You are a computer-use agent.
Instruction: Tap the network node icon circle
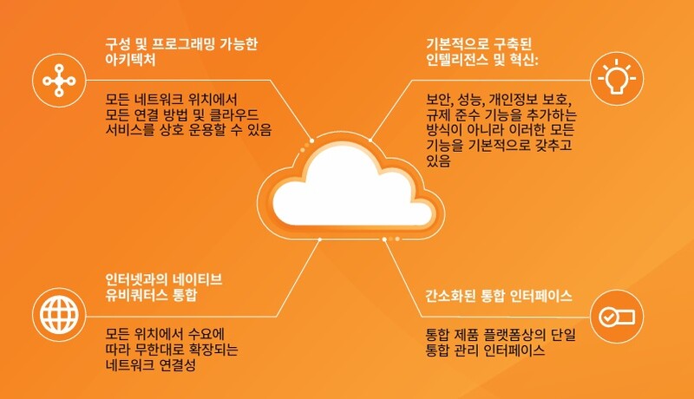click(59, 80)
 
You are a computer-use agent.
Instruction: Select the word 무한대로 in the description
click(160, 350)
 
